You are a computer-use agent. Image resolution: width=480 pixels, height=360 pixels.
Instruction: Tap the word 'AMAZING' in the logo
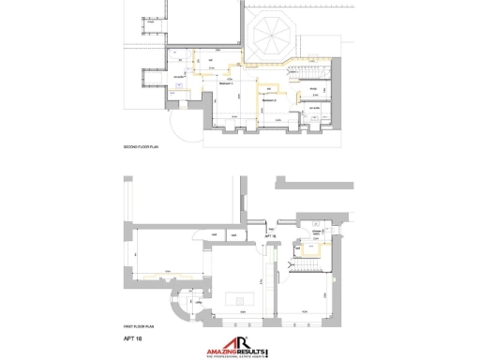point(219,350)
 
